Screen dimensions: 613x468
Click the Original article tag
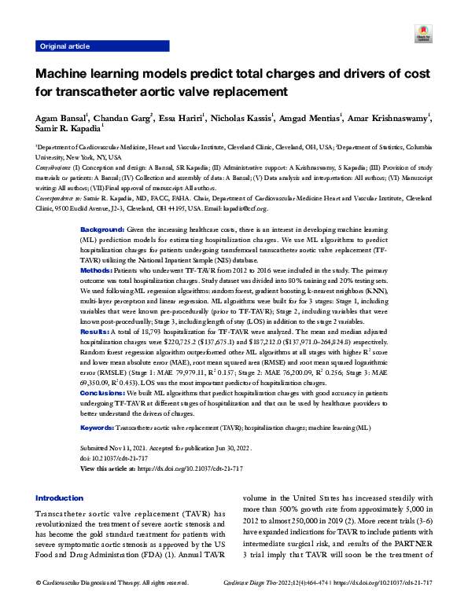point(64,46)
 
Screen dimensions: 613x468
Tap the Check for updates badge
point(421,34)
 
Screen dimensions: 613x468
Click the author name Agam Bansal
point(60,119)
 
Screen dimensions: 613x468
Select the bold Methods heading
point(97,270)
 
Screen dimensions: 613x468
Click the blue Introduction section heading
point(60,498)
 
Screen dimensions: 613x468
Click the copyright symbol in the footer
point(39,604)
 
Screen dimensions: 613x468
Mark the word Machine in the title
point(64,75)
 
